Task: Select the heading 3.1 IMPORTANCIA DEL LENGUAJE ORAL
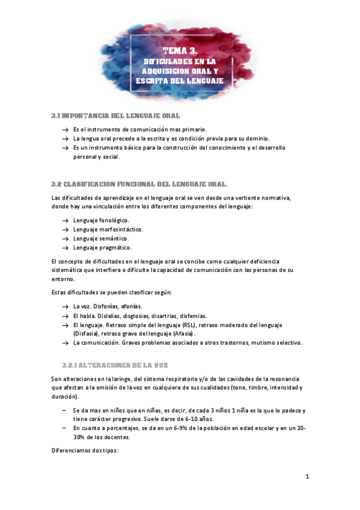(x=115, y=115)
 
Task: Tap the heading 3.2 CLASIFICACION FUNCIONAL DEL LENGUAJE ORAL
(x=140, y=183)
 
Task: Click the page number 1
(x=307, y=477)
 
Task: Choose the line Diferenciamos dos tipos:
(x=86, y=450)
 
